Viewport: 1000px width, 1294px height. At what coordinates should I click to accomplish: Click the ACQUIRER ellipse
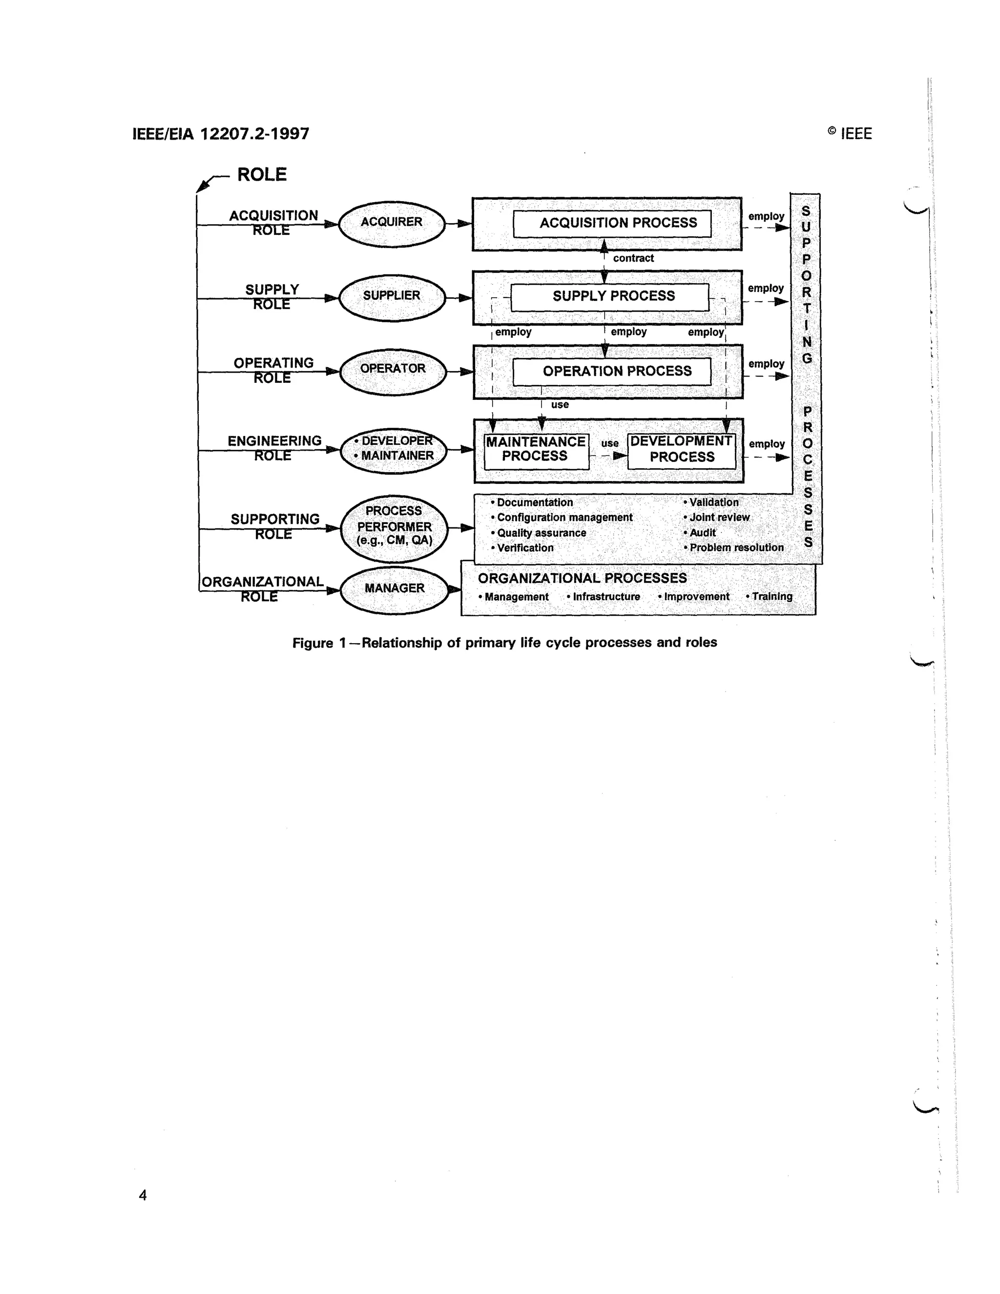coord(392,223)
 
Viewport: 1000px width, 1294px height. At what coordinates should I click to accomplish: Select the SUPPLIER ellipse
coord(392,297)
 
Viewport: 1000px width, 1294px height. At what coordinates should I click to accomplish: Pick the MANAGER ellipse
coord(395,589)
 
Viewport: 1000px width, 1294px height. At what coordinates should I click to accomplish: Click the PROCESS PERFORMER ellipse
coord(394,527)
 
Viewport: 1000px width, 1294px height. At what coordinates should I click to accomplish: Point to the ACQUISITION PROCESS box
coord(612,223)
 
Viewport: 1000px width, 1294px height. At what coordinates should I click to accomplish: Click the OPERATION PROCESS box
coord(612,372)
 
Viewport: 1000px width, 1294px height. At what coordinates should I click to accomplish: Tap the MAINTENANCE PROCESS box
coord(536,450)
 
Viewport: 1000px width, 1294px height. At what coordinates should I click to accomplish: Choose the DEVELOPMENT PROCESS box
coord(681,450)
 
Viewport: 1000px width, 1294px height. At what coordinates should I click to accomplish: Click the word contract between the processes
coord(633,258)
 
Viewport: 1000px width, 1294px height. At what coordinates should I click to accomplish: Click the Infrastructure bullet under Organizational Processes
coord(605,597)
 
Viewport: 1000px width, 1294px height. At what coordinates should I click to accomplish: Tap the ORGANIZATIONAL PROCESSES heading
coord(583,578)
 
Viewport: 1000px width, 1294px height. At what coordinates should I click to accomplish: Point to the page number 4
coord(143,1194)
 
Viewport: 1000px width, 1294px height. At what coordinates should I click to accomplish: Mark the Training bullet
coord(770,597)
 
